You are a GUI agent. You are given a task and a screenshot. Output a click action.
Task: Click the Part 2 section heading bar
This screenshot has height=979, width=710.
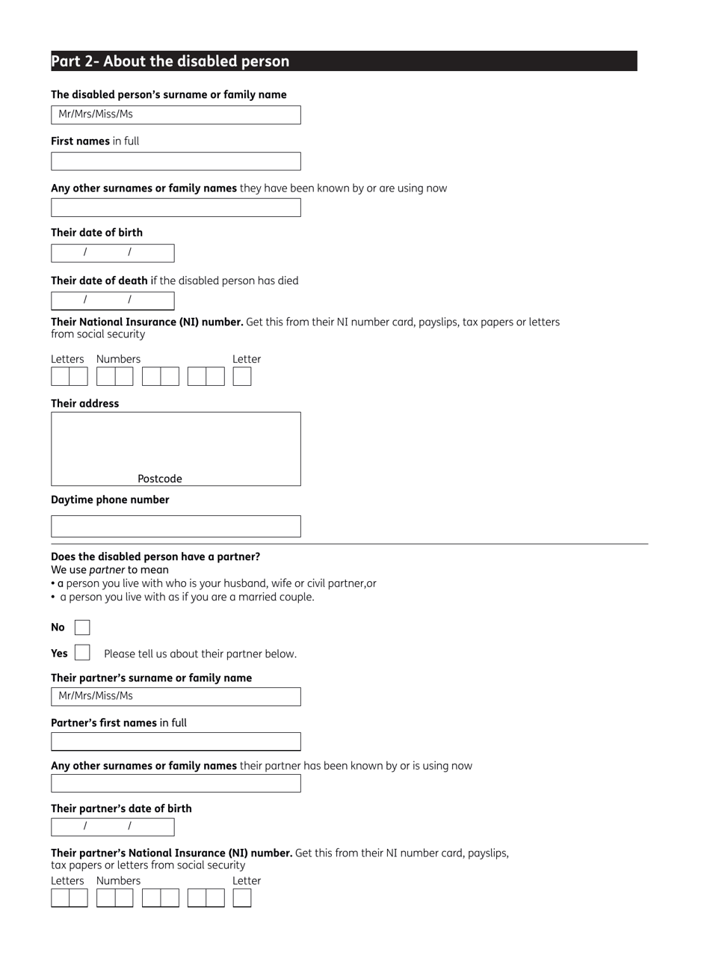(344, 61)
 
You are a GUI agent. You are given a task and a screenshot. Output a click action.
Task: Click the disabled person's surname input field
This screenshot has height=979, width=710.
(176, 114)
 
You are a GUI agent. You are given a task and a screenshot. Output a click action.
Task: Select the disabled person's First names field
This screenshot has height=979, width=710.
(176, 162)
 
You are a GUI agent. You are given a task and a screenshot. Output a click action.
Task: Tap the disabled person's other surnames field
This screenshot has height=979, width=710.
(176, 208)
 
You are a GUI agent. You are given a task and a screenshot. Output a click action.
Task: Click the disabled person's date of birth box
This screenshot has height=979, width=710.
(112, 253)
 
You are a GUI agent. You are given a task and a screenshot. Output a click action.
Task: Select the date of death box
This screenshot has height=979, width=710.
(112, 301)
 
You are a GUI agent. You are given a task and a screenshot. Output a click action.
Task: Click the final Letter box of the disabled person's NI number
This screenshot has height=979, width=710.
(241, 376)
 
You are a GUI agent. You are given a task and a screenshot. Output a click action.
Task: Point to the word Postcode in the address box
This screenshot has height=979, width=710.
(159, 479)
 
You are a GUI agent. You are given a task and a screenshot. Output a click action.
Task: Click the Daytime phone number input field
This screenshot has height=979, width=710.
(176, 527)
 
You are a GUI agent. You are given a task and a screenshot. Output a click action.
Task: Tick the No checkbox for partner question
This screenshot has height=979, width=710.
(82, 627)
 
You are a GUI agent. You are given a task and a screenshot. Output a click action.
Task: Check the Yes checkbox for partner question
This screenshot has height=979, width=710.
(82, 653)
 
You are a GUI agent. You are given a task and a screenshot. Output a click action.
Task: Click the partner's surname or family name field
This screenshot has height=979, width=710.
(176, 696)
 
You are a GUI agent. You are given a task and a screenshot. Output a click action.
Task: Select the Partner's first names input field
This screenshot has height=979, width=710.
(176, 742)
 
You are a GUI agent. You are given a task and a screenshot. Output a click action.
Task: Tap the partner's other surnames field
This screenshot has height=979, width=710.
(176, 783)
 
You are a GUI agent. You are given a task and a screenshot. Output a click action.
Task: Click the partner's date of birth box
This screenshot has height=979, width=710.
(112, 826)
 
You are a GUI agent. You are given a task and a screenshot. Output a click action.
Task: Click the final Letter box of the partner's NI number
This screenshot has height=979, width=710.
(241, 898)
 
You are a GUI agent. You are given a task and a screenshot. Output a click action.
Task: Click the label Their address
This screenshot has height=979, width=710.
(84, 403)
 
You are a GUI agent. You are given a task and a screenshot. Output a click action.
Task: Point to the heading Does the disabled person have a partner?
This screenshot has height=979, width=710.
(155, 556)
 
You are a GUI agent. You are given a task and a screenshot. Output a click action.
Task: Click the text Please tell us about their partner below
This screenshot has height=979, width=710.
(200, 654)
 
